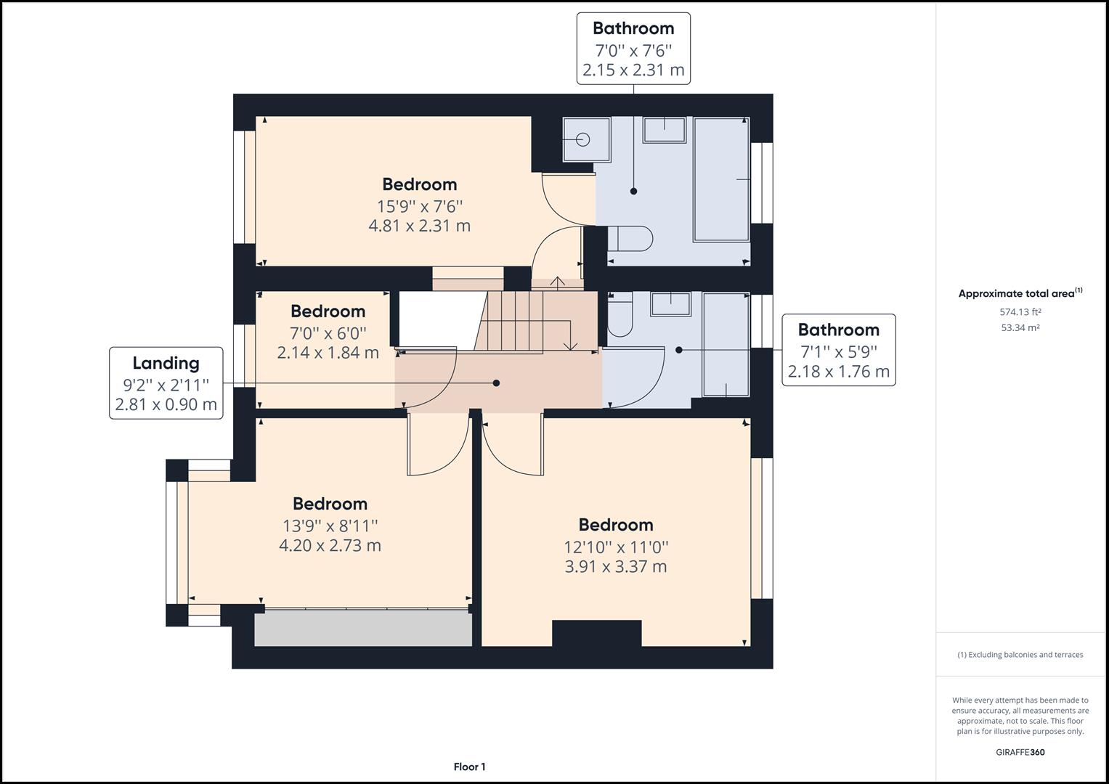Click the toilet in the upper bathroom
[630, 238]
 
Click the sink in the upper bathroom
[664, 130]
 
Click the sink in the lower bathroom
[670, 303]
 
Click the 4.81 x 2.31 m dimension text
[419, 226]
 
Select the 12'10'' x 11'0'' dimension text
[616, 547]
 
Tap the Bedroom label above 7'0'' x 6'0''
[328, 311]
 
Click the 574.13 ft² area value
[1020, 312]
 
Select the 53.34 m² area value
[1020, 327]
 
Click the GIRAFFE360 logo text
[1020, 752]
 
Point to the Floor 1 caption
[469, 767]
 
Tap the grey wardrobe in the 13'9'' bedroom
[362, 628]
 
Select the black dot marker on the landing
[497, 383]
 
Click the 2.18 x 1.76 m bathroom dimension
[838, 372]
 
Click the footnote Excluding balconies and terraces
[1020, 655]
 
